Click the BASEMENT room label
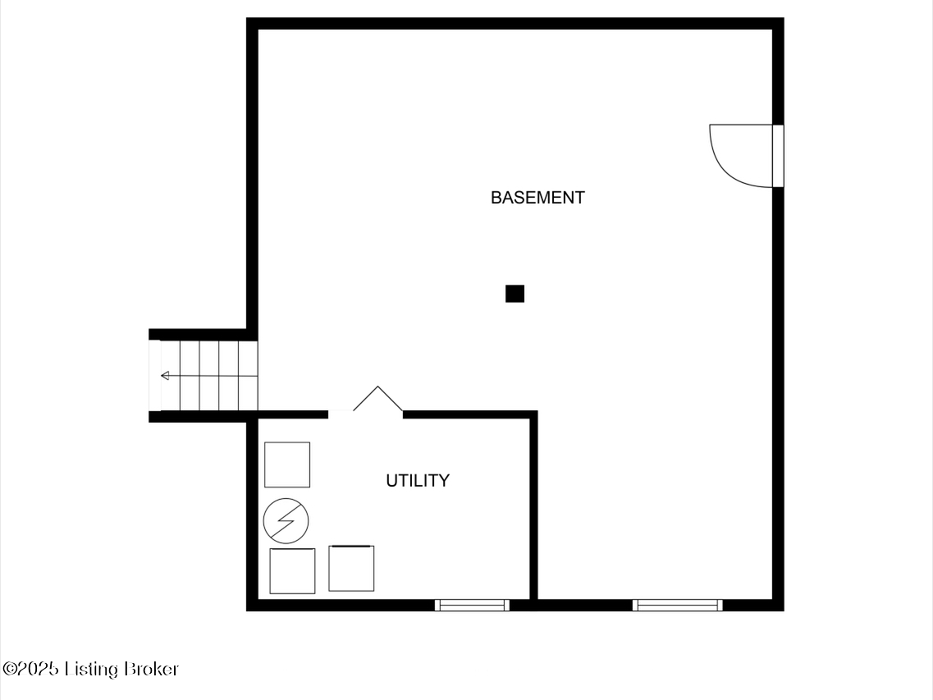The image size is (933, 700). point(537,198)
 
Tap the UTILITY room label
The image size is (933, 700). point(418,480)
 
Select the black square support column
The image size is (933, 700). point(515,294)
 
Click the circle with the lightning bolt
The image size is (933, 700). point(286,521)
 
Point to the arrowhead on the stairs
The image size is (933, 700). point(165,376)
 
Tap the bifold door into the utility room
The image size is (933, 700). point(377,398)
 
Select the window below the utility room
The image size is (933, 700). point(472,606)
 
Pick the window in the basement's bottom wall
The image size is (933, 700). point(677,606)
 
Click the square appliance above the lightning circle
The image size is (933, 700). point(287,464)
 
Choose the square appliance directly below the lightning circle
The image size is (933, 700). point(292,571)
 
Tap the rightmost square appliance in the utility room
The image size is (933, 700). point(351,568)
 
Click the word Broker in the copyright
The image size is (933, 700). point(152,669)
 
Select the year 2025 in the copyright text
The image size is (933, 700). point(38,669)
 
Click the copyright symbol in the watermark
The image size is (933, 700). point(10,669)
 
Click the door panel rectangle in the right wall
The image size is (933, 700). point(778,156)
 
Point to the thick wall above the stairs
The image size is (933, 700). point(203,334)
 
